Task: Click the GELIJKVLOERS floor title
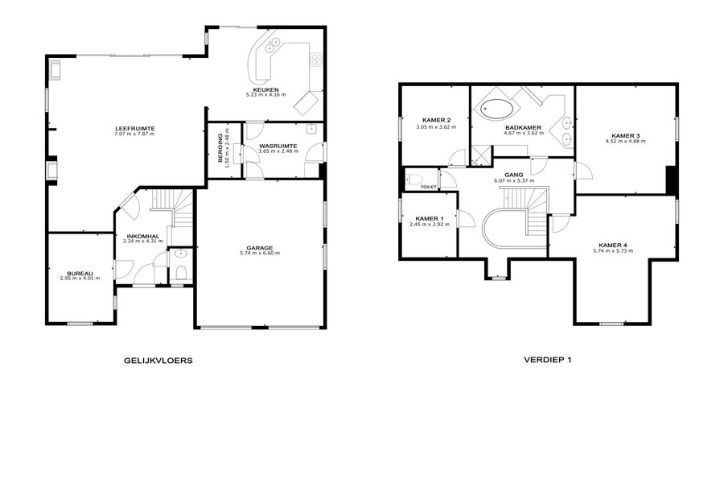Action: point(158,361)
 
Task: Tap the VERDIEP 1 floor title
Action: point(548,360)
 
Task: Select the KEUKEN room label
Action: point(265,89)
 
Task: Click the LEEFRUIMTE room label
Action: point(135,129)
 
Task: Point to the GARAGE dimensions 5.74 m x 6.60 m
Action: point(260,254)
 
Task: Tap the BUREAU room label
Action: point(80,273)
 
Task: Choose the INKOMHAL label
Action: point(143,236)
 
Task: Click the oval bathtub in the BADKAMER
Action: point(496,109)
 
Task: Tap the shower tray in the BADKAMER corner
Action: point(482,155)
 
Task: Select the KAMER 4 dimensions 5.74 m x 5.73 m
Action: point(613,251)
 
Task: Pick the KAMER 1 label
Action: point(430,219)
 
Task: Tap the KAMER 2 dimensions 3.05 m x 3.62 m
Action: point(436,126)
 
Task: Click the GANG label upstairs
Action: point(513,175)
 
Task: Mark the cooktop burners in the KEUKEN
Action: point(317,59)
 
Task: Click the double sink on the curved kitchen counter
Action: point(273,45)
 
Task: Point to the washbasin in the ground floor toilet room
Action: point(180,254)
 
